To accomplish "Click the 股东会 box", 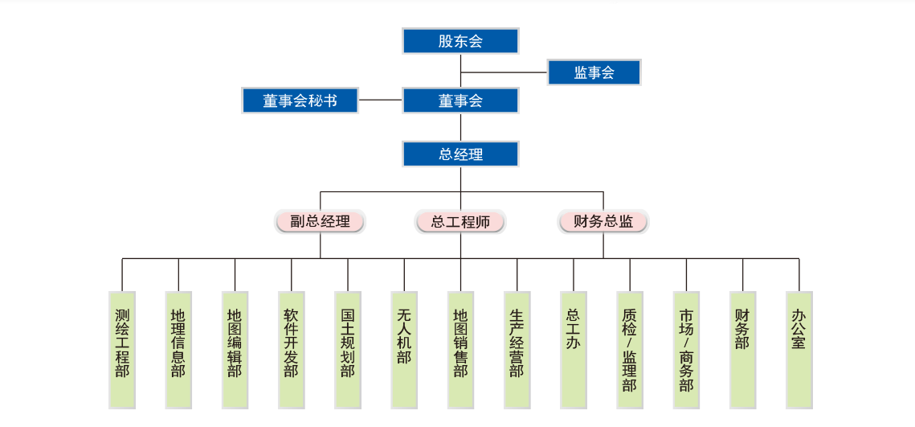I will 460,41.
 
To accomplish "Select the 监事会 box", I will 594,72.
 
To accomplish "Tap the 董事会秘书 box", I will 300,101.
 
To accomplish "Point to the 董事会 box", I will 460,101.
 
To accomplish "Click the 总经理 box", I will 460,154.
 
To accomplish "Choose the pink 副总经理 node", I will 320,221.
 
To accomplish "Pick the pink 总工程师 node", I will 460,221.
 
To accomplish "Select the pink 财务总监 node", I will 603,221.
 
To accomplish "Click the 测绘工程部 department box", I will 122,349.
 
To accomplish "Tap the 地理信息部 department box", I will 178,349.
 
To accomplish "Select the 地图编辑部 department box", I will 235,349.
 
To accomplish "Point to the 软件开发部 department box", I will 291,349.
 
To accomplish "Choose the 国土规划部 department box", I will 347,349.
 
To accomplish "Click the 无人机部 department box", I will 404,349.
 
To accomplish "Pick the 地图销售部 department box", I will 460,349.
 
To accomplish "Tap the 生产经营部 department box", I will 517,349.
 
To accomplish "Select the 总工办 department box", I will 574,349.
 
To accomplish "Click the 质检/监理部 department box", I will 630,349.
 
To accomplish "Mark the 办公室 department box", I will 799,349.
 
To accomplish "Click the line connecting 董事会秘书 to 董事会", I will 380,101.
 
